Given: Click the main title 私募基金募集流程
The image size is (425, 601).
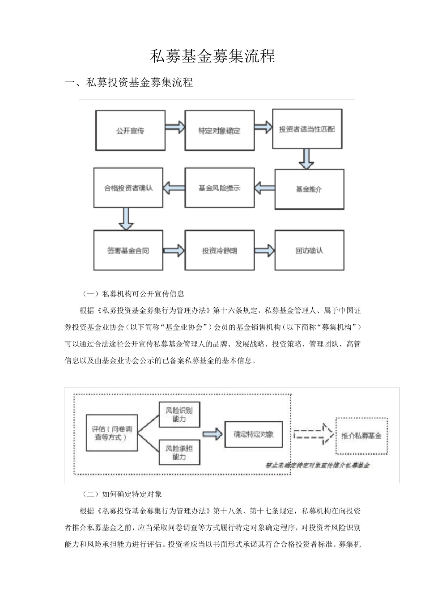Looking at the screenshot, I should click(x=212, y=56).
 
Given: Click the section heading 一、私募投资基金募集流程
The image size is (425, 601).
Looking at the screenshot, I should click(x=129, y=83).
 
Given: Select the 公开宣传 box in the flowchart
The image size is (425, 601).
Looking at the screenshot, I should click(x=130, y=131).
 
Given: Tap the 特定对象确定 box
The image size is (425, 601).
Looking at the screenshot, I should click(x=219, y=131).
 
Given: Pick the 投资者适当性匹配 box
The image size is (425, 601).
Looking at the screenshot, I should click(x=307, y=129).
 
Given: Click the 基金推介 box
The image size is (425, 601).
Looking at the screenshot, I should click(x=309, y=189).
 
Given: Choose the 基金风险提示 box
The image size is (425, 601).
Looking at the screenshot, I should click(x=219, y=188).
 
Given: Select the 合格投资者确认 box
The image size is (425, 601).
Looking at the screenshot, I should click(x=128, y=188).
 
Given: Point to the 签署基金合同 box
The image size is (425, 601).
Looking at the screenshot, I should click(x=128, y=250).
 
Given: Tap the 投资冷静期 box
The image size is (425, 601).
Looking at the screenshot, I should click(x=219, y=250).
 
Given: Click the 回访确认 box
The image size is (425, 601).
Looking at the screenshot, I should click(x=309, y=250).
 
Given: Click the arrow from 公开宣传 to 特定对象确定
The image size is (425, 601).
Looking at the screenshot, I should click(x=175, y=127).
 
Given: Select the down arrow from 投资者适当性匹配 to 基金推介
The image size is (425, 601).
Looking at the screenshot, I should click(x=306, y=159).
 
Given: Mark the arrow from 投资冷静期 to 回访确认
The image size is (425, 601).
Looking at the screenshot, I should click(x=264, y=250).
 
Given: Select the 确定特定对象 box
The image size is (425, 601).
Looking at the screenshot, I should click(x=253, y=434).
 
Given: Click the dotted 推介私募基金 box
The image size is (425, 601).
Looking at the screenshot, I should click(x=361, y=436).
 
